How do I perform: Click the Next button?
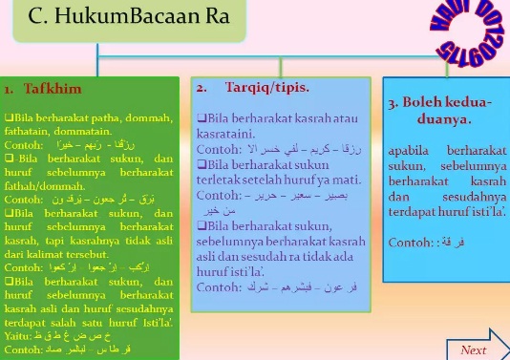point(473,350)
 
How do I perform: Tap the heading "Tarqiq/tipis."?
point(259,87)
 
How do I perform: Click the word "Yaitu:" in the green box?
point(20,337)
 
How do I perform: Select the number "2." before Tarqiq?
point(202,87)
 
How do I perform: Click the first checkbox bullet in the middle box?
point(201,116)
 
